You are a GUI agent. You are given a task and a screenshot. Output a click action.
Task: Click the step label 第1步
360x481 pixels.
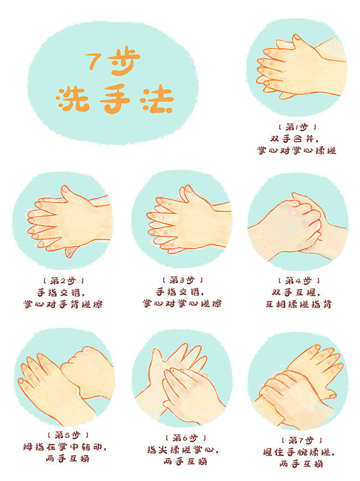(x=297, y=127)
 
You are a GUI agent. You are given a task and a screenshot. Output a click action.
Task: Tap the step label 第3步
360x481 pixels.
(x=182, y=281)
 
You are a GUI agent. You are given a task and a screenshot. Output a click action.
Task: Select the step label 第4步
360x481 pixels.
(x=297, y=281)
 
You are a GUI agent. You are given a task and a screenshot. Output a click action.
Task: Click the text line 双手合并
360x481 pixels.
(x=297, y=138)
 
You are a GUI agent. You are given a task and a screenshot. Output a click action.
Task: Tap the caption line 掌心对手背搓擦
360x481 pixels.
(x=63, y=304)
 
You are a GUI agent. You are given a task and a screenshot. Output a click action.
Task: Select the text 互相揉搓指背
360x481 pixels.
(x=298, y=304)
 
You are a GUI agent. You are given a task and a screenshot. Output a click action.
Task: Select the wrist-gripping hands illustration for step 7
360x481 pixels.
(x=299, y=382)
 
